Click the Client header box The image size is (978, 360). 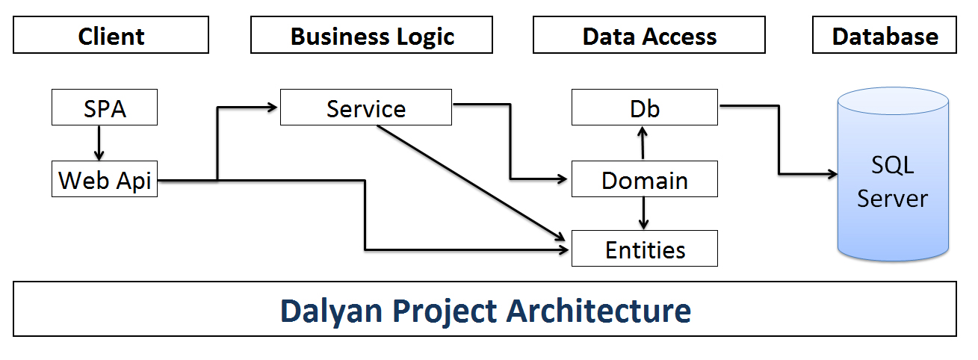coord(111,35)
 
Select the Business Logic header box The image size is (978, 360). coord(371,35)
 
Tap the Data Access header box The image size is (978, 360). coord(649,35)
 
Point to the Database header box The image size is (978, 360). coord(885,35)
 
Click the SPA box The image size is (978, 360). coord(105,108)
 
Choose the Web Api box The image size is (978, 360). coord(105,179)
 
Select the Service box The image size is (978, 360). coord(366,108)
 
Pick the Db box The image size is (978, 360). coord(645,108)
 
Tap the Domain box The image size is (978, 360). coord(645,179)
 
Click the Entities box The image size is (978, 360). coord(645,248)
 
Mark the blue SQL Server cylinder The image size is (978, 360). coord(893,175)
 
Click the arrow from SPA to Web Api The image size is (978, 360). coord(99,143)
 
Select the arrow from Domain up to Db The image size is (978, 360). coord(643,143)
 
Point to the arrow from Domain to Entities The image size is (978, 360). coord(643,214)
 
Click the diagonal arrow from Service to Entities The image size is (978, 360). coord(471,183)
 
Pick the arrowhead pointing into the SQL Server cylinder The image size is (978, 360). coord(832,174)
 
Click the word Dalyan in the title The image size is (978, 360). coord(332,311)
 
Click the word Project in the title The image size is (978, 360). coord(445,311)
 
